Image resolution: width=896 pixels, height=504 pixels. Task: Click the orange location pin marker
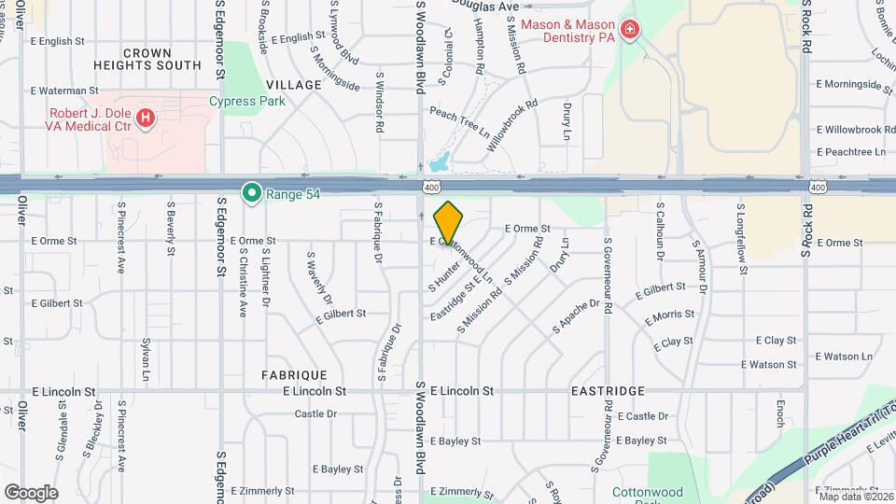[x=449, y=222]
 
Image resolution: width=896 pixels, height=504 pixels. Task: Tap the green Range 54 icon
[x=251, y=193]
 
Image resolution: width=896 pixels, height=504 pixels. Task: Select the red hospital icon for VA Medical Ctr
[x=146, y=118]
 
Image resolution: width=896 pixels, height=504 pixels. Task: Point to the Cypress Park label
[x=246, y=101]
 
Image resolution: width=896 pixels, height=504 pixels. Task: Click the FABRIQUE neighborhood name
[x=294, y=374]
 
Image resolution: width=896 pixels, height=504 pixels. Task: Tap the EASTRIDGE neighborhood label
[x=608, y=391]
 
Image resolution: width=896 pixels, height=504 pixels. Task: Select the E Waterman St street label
[x=64, y=91]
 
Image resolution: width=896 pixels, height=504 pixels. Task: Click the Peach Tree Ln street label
[x=459, y=120]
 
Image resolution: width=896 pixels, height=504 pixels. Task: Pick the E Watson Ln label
[x=843, y=356]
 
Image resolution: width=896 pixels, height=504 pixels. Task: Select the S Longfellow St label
[x=743, y=240]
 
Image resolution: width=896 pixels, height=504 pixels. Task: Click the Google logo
[x=31, y=492]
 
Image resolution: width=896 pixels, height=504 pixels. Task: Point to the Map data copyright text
[x=856, y=496]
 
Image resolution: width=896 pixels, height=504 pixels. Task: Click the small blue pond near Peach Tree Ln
[x=441, y=162]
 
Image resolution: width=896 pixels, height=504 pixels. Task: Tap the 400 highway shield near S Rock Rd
[x=818, y=188]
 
